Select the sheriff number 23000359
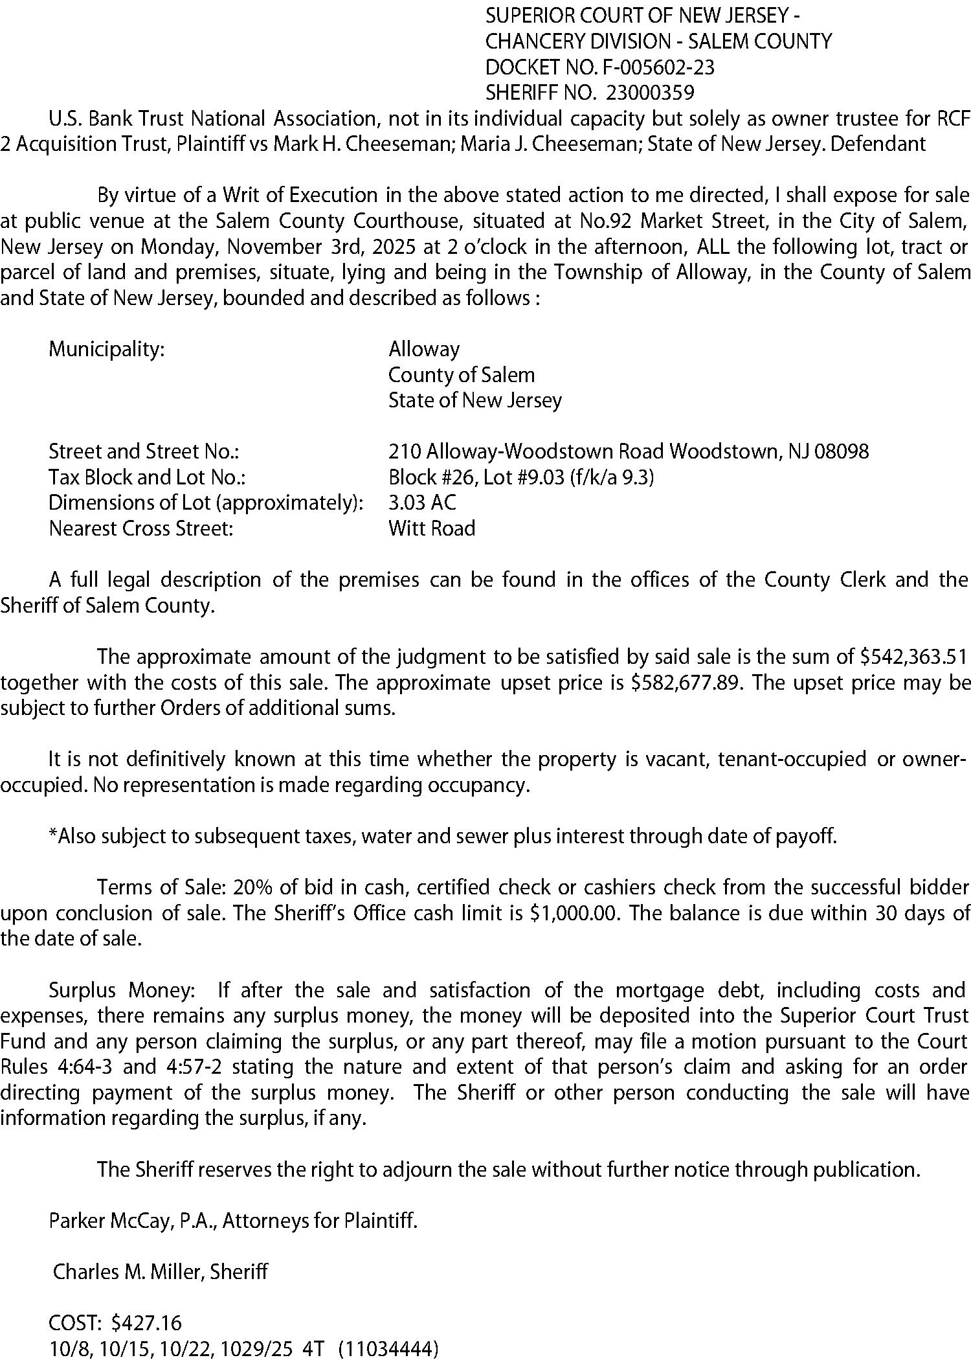pyautogui.click(x=650, y=93)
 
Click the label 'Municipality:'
pyautogui.click(x=107, y=350)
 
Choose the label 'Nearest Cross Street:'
pyautogui.click(x=140, y=528)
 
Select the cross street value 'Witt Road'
pyautogui.click(x=432, y=528)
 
